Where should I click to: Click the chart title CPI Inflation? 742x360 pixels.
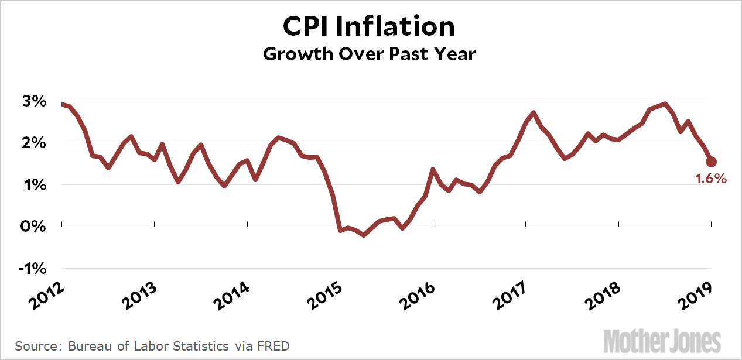point(369,27)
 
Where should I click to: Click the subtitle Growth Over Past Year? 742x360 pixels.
point(369,54)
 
